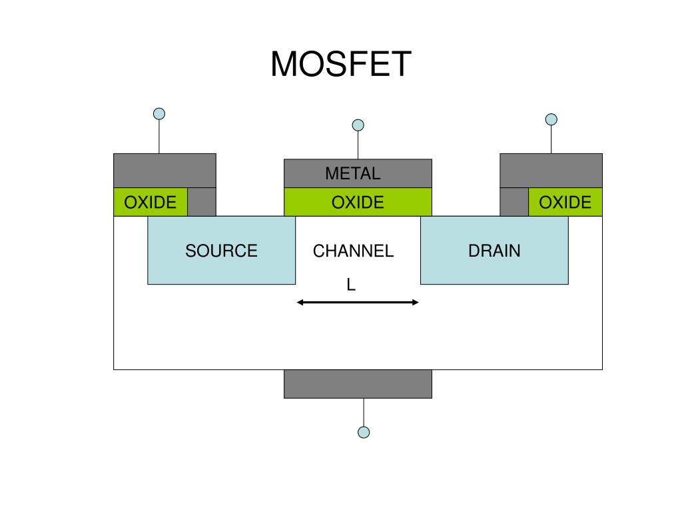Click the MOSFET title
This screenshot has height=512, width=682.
tap(341, 64)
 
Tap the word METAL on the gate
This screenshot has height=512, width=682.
tap(353, 173)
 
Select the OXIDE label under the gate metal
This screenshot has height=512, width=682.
tap(358, 203)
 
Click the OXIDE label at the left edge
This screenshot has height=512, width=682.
tap(150, 203)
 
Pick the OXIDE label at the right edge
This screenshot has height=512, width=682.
tap(565, 203)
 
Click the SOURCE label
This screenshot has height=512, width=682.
tap(221, 251)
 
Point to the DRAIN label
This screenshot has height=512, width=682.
tap(494, 251)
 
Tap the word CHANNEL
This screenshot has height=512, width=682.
tap(353, 251)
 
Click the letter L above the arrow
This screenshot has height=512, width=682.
tap(351, 285)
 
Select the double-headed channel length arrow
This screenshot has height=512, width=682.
tap(358, 302)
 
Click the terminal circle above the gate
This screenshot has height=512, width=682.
tap(358, 125)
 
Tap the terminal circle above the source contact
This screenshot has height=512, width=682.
tap(159, 114)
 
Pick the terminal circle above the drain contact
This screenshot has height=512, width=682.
tap(551, 119)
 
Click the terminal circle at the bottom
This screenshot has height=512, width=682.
tap(364, 432)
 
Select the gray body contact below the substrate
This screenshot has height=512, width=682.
tap(358, 384)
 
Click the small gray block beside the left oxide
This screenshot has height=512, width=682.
tap(202, 202)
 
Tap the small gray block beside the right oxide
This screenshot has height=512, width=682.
tap(514, 202)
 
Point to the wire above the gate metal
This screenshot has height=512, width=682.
tap(358, 145)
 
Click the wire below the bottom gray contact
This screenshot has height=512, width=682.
tap(364, 412)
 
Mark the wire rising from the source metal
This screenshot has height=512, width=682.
tap(159, 137)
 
